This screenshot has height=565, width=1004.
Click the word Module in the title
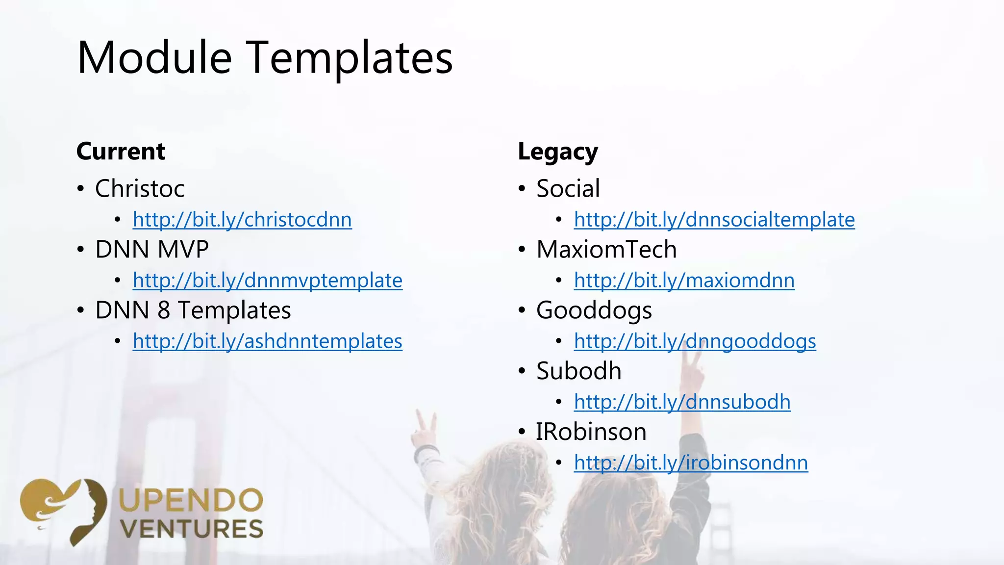pos(154,58)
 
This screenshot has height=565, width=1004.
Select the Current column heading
pos(121,151)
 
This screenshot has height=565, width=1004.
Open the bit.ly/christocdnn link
pos(242,220)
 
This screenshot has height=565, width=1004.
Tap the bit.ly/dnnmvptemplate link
pos(268,281)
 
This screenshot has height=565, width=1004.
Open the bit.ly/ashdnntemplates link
pos(268,341)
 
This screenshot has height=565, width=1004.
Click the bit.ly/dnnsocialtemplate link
pos(714,220)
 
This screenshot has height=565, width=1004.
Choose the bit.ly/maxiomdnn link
pos(684,281)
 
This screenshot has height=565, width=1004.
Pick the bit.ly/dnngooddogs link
pos(695,341)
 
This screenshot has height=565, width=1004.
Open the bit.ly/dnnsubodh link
pos(682,402)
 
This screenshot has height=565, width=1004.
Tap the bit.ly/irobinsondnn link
pos(691,463)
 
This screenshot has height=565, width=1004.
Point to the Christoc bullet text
pos(140,189)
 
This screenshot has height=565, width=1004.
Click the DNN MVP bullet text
pos(152,250)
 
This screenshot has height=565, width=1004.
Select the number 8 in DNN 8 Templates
pos(164,310)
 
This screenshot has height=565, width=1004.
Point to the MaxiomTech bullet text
pos(606,250)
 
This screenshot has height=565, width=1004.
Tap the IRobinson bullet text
pos(591,432)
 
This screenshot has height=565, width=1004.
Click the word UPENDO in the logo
pos(191,501)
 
